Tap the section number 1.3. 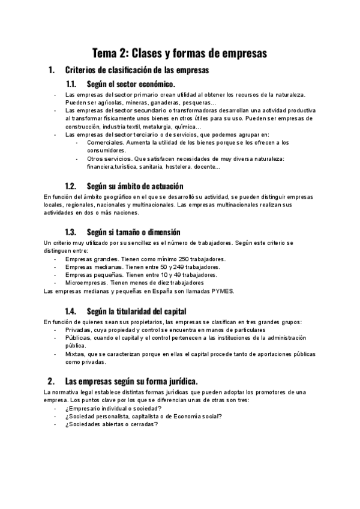click(73, 232)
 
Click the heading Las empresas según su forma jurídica click(131, 381)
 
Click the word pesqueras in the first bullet click(190, 103)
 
